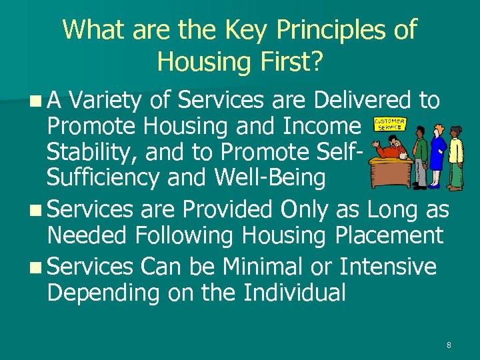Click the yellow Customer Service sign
coord(390,125)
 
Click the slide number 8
coord(449,345)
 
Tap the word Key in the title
coord(244,30)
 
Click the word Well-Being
coord(269,178)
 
